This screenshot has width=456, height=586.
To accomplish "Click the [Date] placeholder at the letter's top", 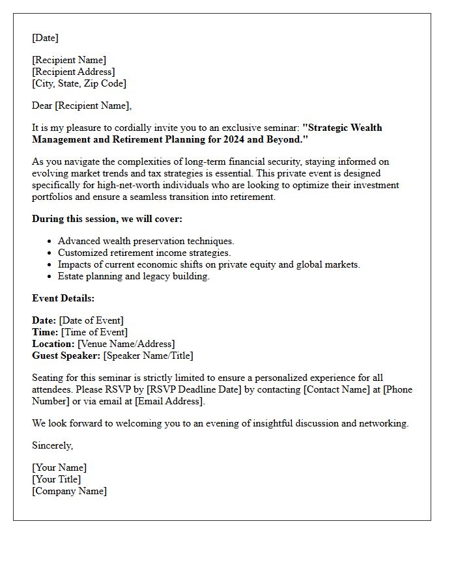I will point(45,38).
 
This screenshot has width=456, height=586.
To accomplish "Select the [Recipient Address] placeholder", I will point(73,72).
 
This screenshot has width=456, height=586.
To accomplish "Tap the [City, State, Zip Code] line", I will point(79,83).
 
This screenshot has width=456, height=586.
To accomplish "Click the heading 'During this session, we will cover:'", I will point(107,219).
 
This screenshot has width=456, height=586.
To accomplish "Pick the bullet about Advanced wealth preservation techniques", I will point(146,241).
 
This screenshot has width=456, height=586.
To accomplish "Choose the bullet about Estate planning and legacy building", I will point(134,276).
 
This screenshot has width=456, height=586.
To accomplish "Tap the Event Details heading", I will point(63,298).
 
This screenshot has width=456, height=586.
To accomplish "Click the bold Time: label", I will point(45,332).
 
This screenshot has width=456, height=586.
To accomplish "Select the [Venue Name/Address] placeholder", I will point(126,344).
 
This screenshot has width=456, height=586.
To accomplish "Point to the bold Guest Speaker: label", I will point(66,356).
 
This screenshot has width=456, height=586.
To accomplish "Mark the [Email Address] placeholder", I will point(169,401).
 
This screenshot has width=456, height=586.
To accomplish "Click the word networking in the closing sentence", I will point(383,423).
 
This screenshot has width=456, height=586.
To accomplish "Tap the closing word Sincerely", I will point(52,445).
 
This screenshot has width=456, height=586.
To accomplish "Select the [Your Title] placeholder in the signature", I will point(56,479).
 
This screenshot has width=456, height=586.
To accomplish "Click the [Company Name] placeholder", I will point(69,491).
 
